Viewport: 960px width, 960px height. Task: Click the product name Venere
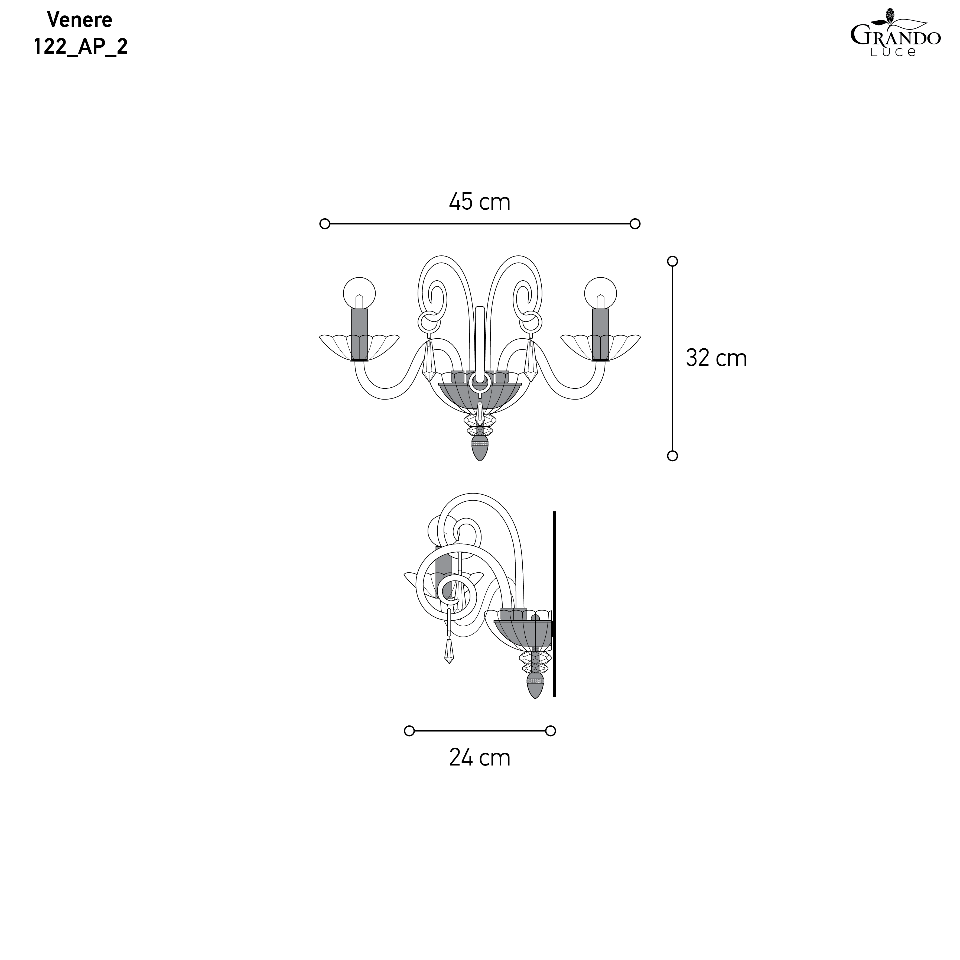click(x=80, y=20)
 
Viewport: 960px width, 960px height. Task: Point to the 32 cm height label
click(x=716, y=358)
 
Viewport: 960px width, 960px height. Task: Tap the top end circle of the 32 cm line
click(x=672, y=261)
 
